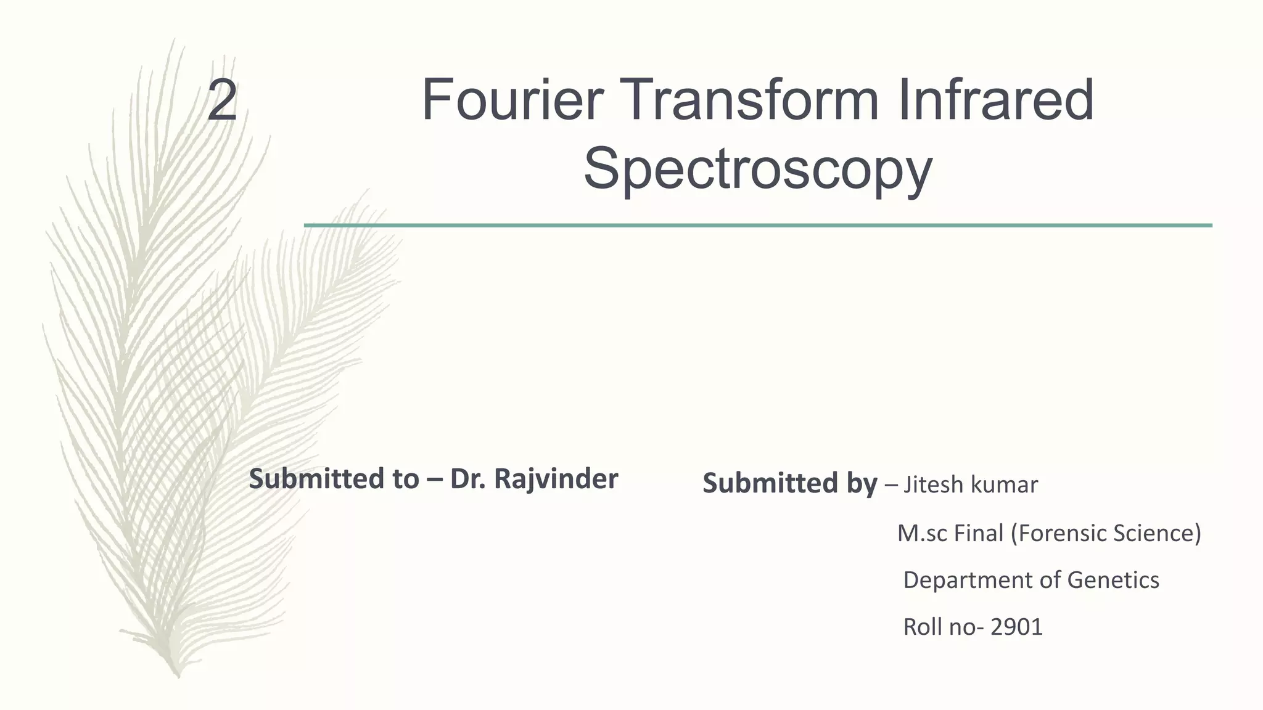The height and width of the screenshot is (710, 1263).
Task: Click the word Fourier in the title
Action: tap(512, 100)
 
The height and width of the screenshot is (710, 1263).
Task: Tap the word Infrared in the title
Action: tap(995, 100)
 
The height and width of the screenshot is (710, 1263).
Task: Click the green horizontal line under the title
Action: tap(757, 226)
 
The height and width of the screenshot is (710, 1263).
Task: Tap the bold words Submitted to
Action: tap(333, 479)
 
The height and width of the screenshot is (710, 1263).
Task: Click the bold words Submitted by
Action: tap(789, 484)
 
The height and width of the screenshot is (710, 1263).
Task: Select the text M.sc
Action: tap(921, 533)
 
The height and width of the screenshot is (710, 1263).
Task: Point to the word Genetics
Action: tap(1113, 581)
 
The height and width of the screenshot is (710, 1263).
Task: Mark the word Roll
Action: tap(922, 627)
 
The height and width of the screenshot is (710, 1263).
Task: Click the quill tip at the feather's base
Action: tap(178, 675)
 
